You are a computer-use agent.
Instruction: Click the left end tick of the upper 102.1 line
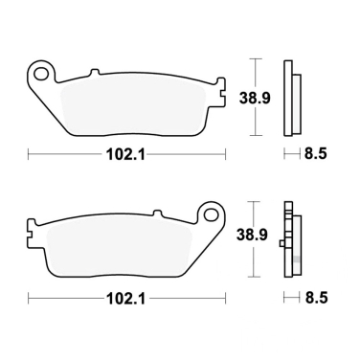28,153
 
